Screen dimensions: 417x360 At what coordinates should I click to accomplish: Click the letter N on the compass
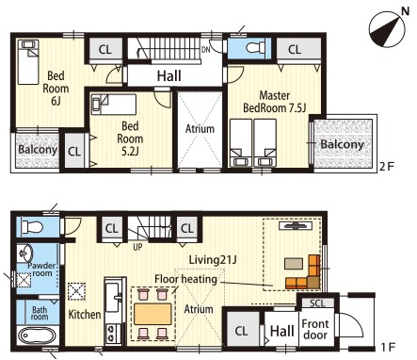(x=406, y=11)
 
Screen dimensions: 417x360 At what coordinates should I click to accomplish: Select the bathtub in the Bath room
(x=37, y=336)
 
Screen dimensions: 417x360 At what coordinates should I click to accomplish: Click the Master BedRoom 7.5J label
(x=275, y=102)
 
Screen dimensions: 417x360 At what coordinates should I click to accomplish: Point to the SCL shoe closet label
(x=318, y=303)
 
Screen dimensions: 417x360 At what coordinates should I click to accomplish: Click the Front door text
(x=315, y=329)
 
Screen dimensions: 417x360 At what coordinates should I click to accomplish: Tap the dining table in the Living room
(x=153, y=314)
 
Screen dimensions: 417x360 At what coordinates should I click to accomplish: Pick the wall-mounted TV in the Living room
(x=296, y=225)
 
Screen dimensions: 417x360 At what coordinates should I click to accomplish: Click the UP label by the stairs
(x=137, y=247)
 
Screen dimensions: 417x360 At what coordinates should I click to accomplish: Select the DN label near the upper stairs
(x=206, y=49)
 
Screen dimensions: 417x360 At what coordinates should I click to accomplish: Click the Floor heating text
(x=185, y=279)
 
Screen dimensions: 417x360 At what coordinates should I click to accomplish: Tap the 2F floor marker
(x=386, y=167)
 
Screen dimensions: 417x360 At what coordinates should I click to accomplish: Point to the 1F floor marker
(x=387, y=347)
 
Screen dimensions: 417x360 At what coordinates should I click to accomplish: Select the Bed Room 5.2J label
(x=130, y=139)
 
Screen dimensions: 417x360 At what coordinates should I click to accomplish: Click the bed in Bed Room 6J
(x=28, y=62)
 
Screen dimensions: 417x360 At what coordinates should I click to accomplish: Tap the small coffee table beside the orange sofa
(x=294, y=263)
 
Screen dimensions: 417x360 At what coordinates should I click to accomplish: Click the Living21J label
(x=213, y=260)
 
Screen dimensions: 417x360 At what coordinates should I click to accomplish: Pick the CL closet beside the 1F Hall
(x=241, y=331)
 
